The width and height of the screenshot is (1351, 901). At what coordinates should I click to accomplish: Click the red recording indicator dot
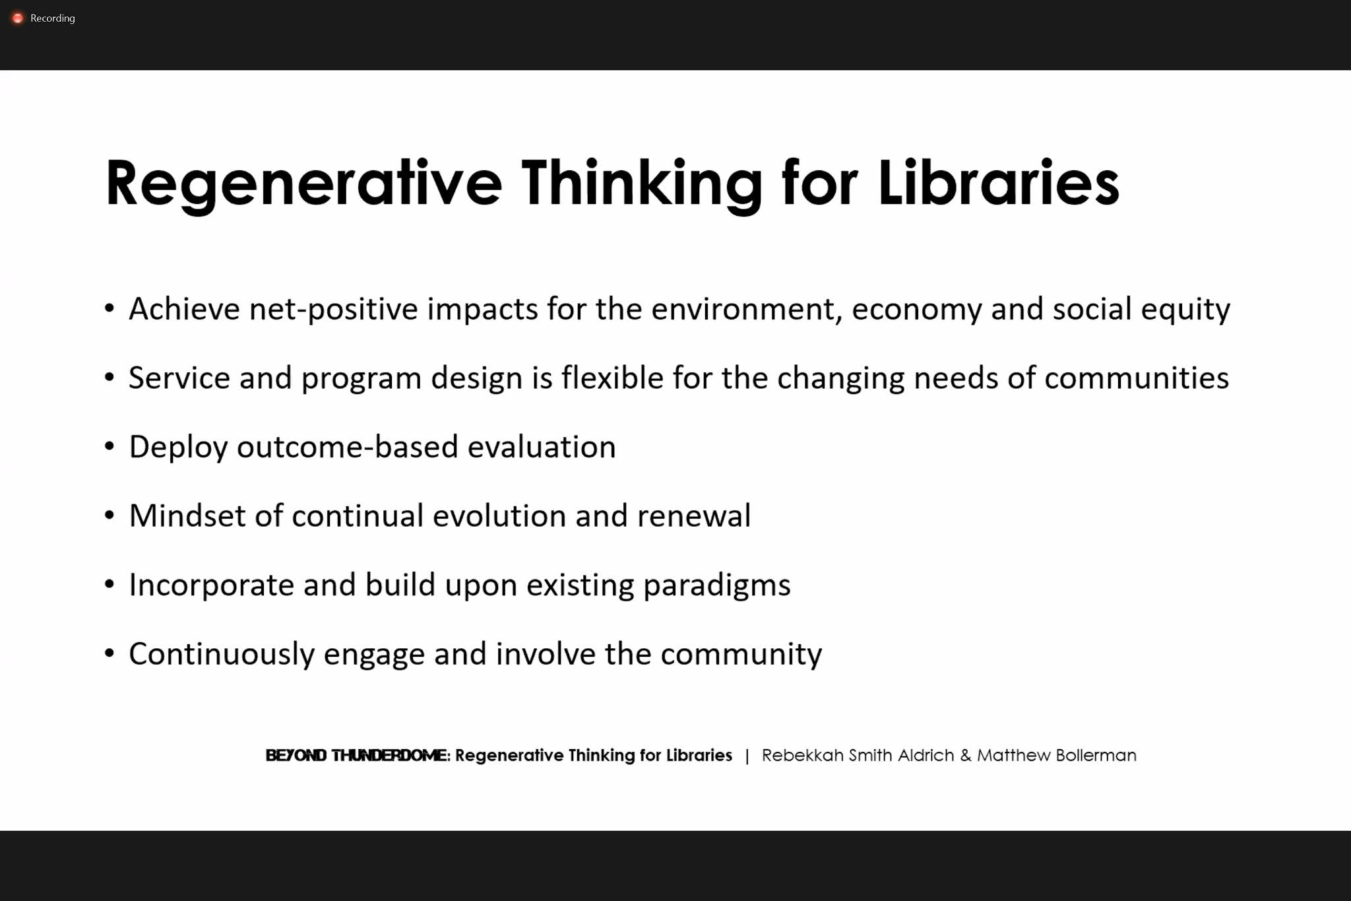(18, 18)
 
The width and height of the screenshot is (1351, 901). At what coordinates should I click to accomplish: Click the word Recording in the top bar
(53, 18)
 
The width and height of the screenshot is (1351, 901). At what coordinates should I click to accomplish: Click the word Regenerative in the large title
(303, 184)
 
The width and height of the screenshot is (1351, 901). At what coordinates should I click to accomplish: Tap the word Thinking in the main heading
(642, 184)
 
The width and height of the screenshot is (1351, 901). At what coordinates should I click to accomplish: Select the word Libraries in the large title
(998, 184)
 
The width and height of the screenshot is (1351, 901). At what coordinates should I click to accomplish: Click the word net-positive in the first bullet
(333, 309)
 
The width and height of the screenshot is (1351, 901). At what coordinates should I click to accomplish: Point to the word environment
(747, 309)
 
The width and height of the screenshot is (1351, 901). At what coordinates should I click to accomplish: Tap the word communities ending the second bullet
(1137, 378)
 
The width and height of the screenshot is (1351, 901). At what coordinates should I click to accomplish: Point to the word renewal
(693, 516)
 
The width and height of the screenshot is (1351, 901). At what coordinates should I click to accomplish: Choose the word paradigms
(716, 585)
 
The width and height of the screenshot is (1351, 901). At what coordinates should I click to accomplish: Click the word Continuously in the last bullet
(221, 654)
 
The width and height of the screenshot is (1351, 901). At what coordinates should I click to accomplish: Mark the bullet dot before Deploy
(110, 447)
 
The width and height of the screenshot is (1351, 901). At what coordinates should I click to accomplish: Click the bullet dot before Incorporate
(110, 585)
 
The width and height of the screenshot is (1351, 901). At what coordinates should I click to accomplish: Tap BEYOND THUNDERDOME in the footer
(357, 755)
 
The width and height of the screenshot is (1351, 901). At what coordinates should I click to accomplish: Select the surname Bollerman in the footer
(1096, 755)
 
